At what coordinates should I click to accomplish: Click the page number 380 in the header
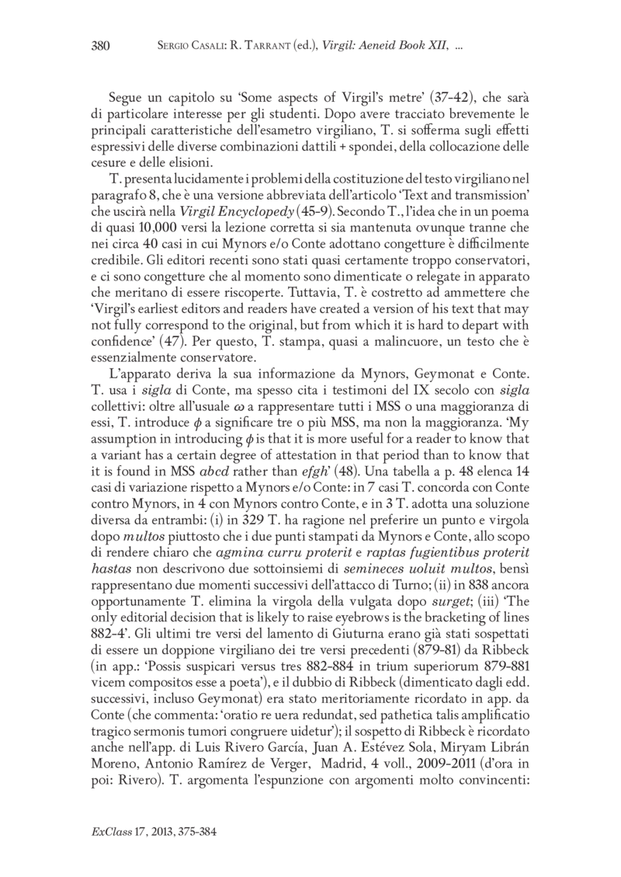(101, 46)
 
